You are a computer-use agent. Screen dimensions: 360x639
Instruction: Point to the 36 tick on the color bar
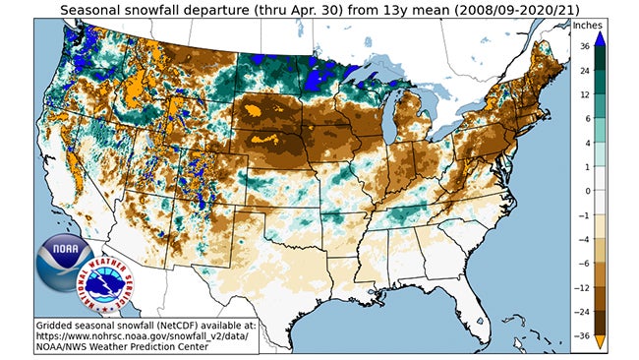pyautogui.click(x=610, y=46)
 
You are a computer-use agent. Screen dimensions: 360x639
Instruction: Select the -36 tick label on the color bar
pyautogui.click(x=610, y=334)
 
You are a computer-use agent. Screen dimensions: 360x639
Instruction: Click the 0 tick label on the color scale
pyautogui.click(x=609, y=191)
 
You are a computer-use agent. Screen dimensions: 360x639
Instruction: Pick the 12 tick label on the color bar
pyautogui.click(x=610, y=94)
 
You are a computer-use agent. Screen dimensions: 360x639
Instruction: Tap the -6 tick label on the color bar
pyautogui.click(x=610, y=263)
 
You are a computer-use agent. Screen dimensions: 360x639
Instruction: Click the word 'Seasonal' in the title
pyautogui.click(x=95, y=9)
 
